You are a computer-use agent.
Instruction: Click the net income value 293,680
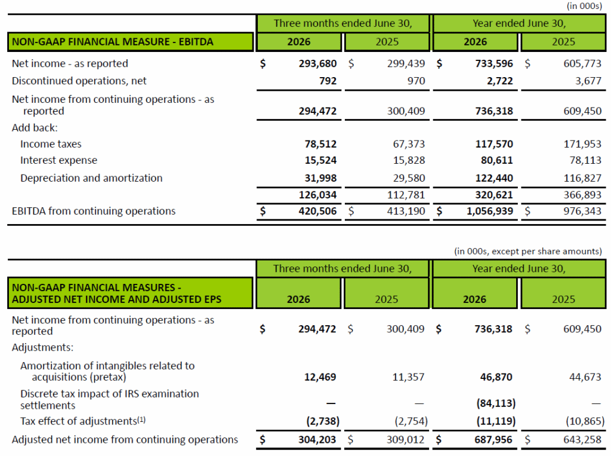tap(317, 63)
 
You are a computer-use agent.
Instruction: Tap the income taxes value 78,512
tap(320, 144)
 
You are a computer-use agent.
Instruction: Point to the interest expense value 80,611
tap(497, 160)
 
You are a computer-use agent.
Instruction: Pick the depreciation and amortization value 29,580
tap(409, 178)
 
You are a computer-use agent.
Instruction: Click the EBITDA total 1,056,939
tap(490, 211)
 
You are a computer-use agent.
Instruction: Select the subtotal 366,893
tap(582, 195)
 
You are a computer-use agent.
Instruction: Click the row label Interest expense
tap(58, 160)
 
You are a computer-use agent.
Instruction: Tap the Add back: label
tap(35, 128)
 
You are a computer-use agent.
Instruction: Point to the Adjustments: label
tap(42, 347)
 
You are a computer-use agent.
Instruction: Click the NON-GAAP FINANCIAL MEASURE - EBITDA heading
tap(113, 42)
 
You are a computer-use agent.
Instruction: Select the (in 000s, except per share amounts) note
tap(527, 251)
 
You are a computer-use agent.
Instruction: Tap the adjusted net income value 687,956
tap(493, 440)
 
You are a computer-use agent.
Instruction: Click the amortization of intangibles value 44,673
tap(585, 377)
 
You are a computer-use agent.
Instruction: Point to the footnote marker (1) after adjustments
tap(141, 420)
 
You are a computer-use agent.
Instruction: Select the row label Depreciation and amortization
tap(91, 178)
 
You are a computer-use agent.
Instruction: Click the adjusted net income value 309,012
tap(405, 440)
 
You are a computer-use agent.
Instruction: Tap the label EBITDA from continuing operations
tap(94, 211)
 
